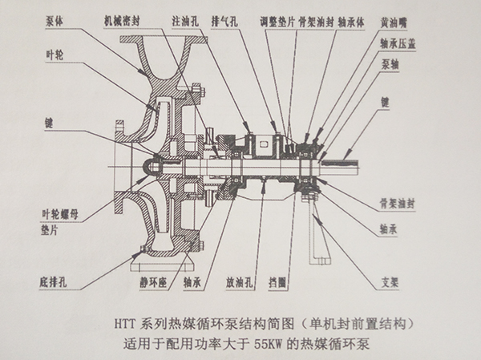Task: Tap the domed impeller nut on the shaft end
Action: coord(151,165)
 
